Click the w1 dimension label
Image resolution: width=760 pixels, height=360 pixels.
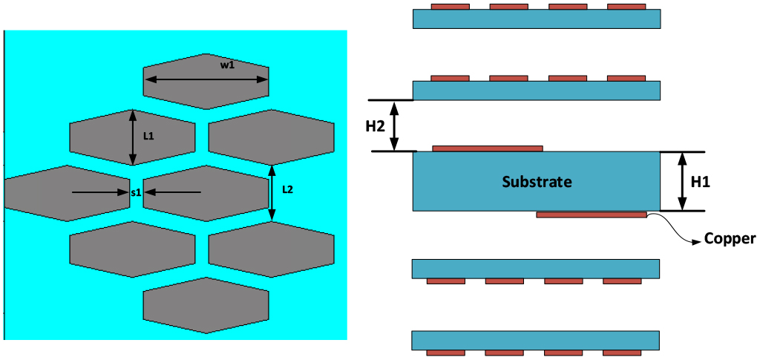[x=227, y=65]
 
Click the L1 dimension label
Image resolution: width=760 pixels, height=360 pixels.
[x=148, y=136]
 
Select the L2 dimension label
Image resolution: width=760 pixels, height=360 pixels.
[x=288, y=189]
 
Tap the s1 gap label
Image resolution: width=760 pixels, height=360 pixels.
[x=135, y=192]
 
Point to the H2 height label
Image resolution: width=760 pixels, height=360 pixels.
[x=376, y=126]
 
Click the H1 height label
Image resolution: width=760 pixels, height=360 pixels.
[x=700, y=180]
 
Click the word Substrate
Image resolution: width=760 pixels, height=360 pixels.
[x=537, y=181]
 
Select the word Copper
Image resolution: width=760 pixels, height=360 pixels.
[x=730, y=239]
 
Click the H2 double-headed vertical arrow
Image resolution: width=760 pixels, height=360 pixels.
[x=395, y=126]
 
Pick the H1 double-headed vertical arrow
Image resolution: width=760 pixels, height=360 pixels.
[x=681, y=181]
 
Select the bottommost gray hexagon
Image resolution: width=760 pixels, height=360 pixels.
[x=206, y=305]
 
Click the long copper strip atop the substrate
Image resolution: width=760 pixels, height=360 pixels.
[x=488, y=148]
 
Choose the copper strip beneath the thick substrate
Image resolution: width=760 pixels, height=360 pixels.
[x=591, y=215]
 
